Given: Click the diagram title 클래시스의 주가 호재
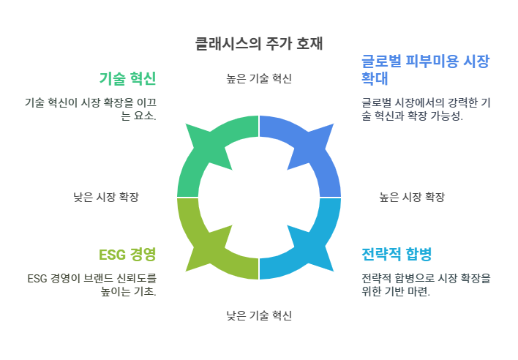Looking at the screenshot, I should click(x=259, y=44).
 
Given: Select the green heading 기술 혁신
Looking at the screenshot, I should click(x=127, y=78).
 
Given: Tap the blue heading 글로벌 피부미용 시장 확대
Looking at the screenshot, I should click(x=425, y=70).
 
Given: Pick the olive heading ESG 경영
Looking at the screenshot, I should click(x=127, y=255).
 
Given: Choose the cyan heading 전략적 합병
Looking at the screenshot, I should click(x=397, y=255).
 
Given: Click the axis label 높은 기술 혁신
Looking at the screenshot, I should click(x=259, y=78).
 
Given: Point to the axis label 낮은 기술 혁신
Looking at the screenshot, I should click(x=259, y=315).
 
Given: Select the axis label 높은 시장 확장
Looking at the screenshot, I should click(x=412, y=197).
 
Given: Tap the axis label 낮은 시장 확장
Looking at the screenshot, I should click(x=106, y=197).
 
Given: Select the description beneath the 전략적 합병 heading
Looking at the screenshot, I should click(x=425, y=285).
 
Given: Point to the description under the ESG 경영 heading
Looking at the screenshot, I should click(x=91, y=285).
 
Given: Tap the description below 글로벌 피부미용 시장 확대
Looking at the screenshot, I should click(x=425, y=110).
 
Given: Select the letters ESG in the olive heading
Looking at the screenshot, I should click(x=110, y=255).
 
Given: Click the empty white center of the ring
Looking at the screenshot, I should click(x=259, y=197).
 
